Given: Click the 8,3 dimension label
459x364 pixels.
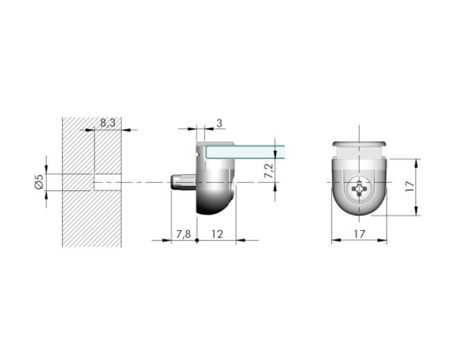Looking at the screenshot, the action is pos(108,123).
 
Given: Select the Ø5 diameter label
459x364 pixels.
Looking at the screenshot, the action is pos(39,181).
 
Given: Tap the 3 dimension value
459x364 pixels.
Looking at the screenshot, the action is pos(219,123).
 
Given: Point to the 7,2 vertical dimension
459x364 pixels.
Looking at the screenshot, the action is pos(268,170).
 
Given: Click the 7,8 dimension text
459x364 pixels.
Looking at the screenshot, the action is pos(183,234).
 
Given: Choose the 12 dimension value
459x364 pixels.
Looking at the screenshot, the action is pos(217,234).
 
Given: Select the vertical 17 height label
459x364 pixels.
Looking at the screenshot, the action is pos(410,186).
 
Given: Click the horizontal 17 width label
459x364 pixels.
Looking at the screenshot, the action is pos(359,234).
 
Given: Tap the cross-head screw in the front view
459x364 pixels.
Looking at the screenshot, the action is pos(359,189).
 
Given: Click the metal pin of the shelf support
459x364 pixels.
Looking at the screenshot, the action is pos(183,182).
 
